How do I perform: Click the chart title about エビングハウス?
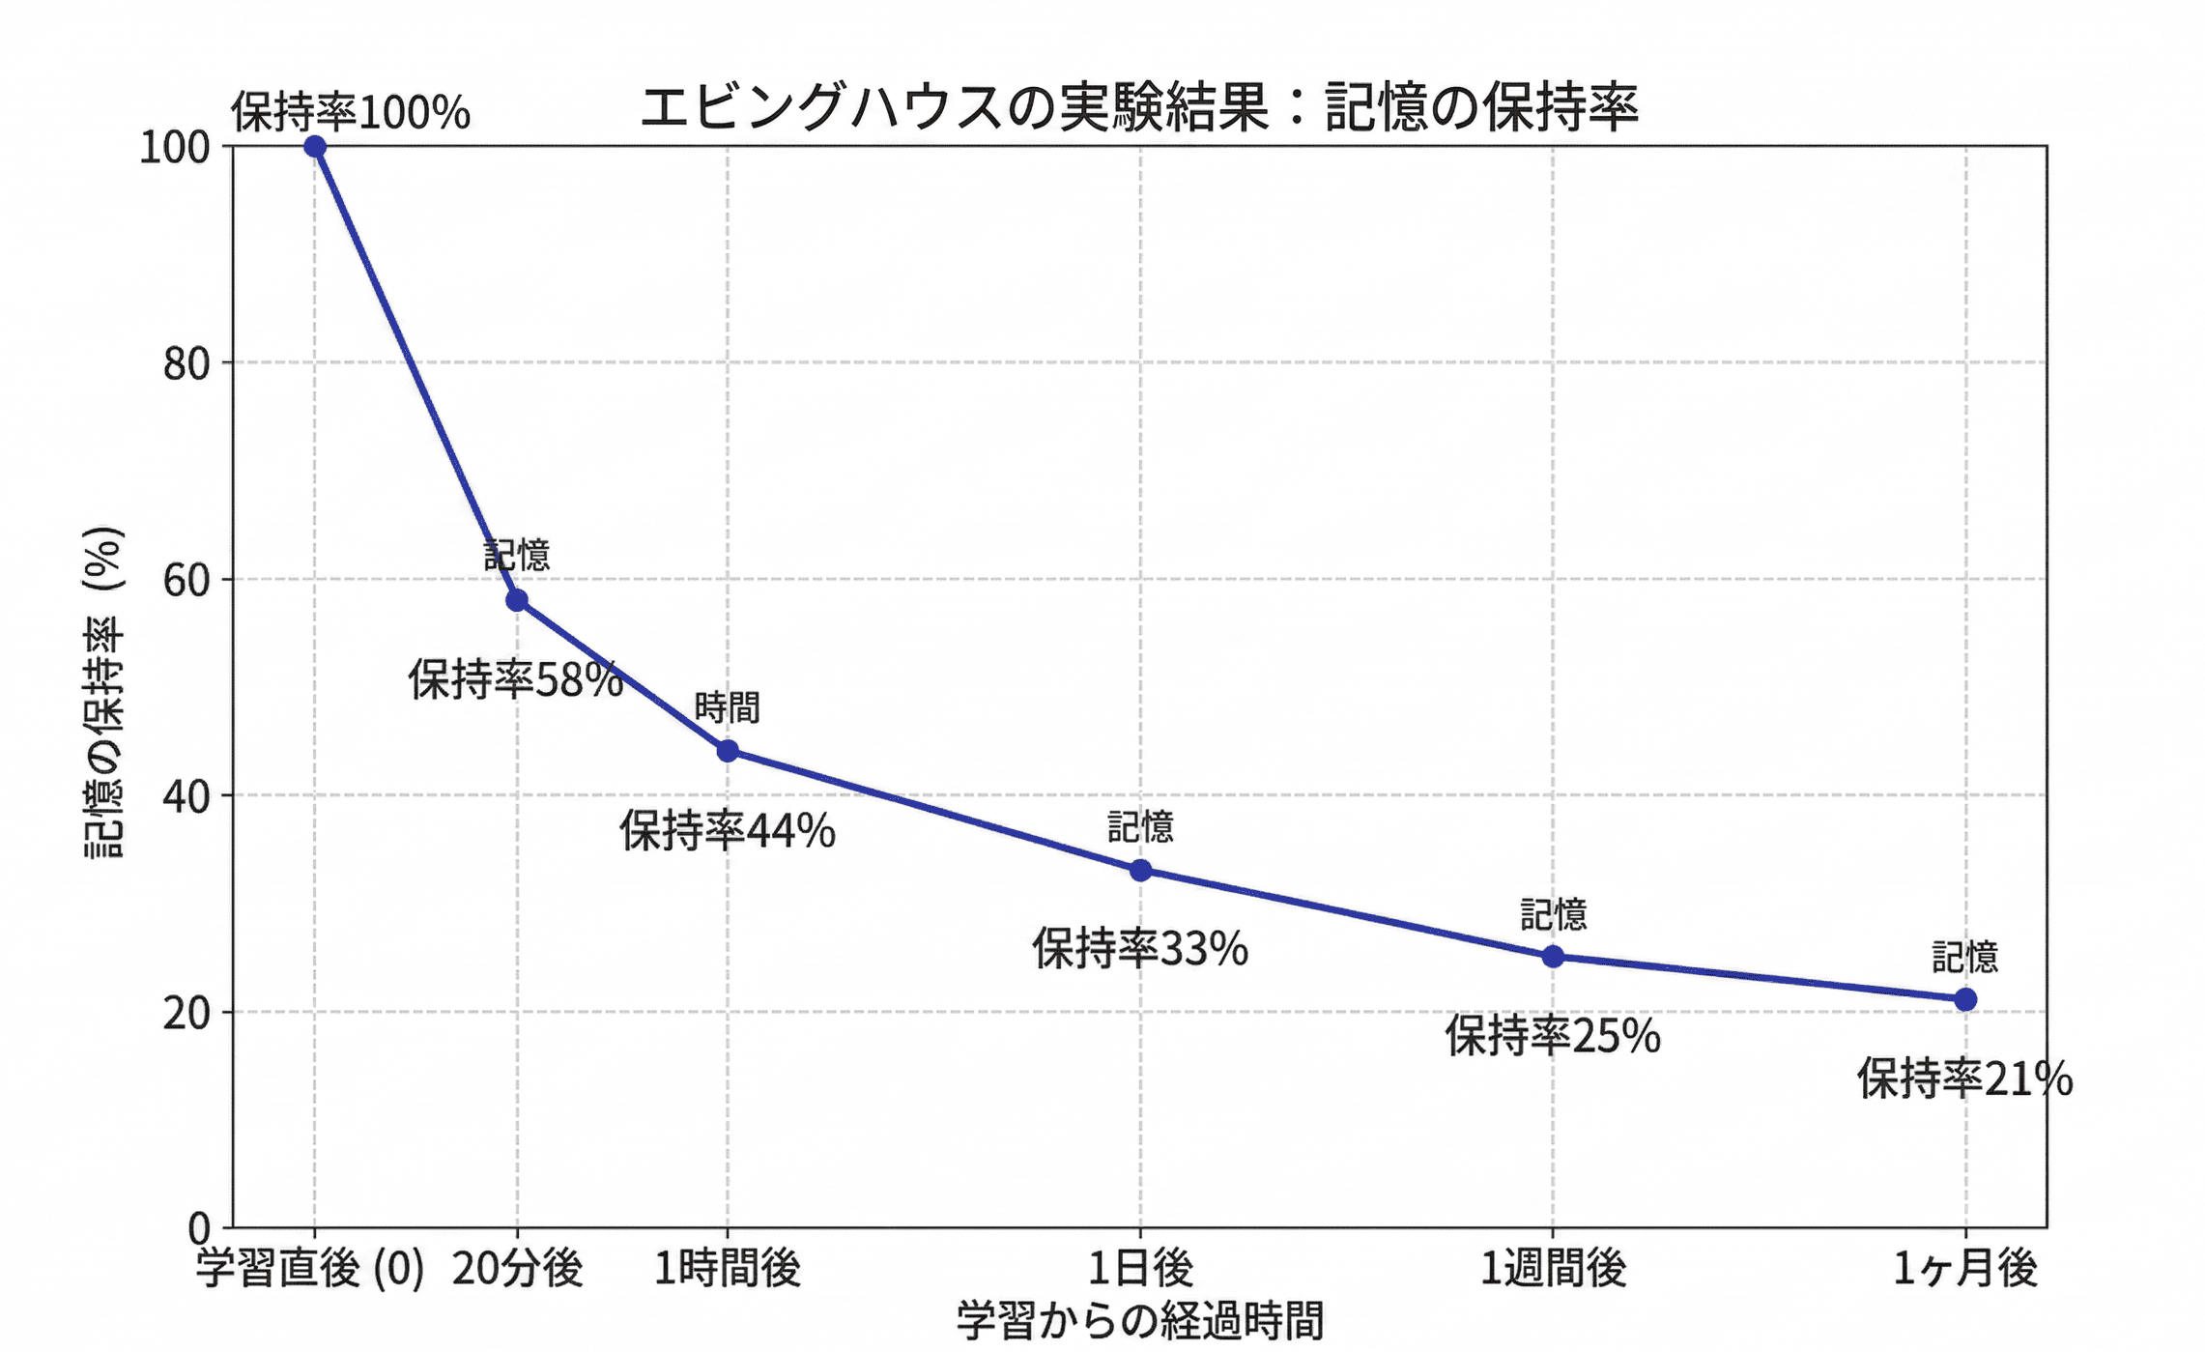pos(1139,107)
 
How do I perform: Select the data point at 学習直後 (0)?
pos(315,147)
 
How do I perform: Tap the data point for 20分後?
pos(517,600)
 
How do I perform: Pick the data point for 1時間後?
pos(728,751)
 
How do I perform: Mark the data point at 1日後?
pos(1140,870)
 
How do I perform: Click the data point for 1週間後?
pos(1553,957)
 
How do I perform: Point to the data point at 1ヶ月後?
pos(1965,999)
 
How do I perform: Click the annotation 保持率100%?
pos(350,113)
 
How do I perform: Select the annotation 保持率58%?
pos(515,680)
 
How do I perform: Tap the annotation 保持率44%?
pos(727,831)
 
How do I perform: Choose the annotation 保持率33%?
pos(1140,949)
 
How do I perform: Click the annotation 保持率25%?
pos(1553,1036)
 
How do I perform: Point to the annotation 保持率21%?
pos(1964,1079)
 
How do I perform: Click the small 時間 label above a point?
pos(728,708)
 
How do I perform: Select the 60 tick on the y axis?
pos(186,580)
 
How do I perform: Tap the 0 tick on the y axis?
pos(199,1228)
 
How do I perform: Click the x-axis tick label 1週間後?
pos(1553,1269)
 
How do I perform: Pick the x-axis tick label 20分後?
pos(517,1269)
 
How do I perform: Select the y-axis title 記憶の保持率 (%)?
pos(104,691)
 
